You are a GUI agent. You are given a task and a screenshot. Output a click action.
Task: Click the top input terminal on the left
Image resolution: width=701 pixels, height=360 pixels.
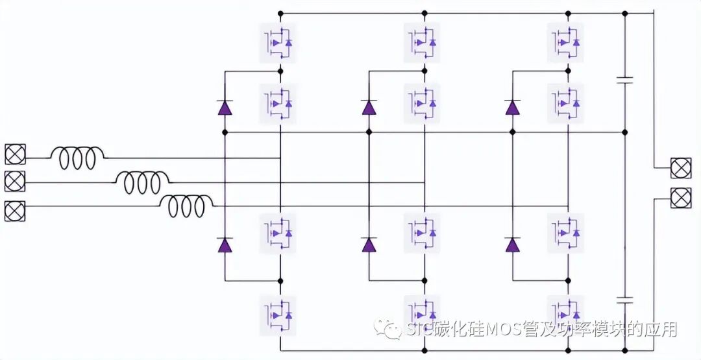14,154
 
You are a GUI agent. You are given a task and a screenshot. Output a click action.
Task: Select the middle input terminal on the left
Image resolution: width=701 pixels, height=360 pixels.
14,181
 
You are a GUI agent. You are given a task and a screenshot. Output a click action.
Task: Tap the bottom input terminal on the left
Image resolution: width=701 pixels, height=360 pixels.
14,211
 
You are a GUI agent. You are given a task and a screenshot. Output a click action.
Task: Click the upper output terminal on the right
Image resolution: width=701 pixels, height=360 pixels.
680,167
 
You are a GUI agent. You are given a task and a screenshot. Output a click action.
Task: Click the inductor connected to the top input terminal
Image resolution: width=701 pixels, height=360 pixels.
77,158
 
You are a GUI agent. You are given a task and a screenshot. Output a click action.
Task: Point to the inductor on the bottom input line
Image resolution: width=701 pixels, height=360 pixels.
187,207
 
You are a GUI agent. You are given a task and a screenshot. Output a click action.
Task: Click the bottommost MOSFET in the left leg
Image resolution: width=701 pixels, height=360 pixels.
278,315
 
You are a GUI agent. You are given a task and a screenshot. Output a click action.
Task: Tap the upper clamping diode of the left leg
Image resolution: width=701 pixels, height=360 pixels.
225,107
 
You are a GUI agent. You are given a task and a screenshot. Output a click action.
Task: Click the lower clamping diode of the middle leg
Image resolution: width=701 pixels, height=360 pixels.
369,244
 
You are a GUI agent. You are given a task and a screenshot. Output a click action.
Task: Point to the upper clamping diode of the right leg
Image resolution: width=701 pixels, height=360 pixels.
512,107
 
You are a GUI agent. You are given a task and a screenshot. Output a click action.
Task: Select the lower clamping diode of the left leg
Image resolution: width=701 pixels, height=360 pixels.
225,244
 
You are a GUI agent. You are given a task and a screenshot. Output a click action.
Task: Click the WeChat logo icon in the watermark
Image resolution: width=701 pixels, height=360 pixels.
391,330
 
